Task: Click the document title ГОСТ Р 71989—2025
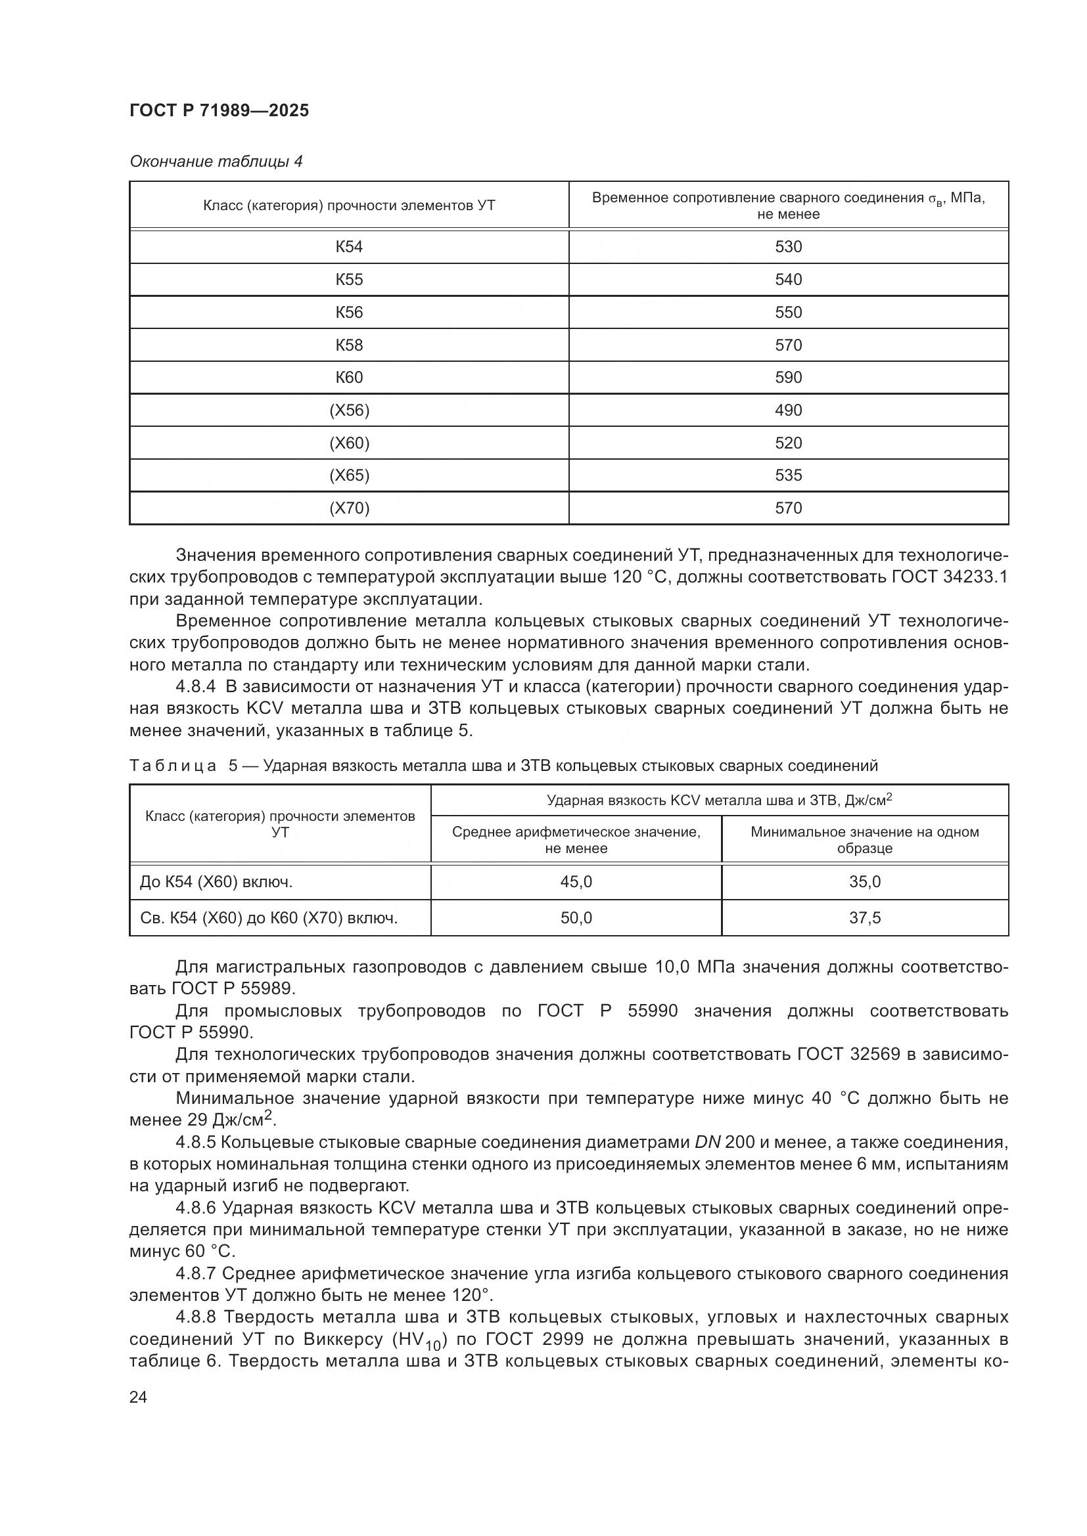[x=219, y=110]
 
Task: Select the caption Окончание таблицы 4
[x=216, y=162]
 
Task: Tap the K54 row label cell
[x=349, y=247]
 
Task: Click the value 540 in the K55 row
[x=788, y=280]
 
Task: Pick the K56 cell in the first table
[x=349, y=313]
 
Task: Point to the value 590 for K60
[x=788, y=378]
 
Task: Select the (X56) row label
[x=349, y=410]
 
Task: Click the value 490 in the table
[x=788, y=410]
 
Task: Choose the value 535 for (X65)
[x=788, y=475]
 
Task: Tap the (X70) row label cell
[x=349, y=508]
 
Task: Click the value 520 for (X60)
[x=788, y=443]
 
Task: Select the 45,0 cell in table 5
[x=576, y=882]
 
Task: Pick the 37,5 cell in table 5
[x=864, y=918]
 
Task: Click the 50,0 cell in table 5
[x=576, y=918]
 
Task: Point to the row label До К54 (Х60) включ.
[x=216, y=882]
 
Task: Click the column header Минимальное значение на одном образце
[x=864, y=840]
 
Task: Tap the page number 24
[x=138, y=1397]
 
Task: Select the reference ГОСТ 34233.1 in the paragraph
[x=950, y=577]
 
